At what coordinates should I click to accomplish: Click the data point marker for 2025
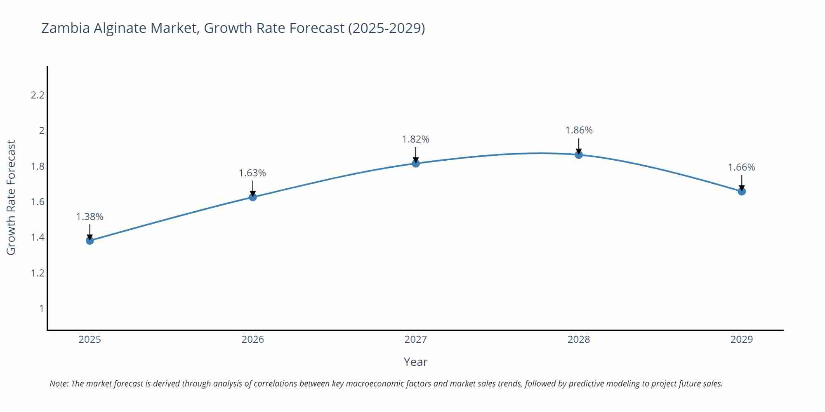[x=90, y=241]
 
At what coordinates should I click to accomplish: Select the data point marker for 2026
[x=253, y=197]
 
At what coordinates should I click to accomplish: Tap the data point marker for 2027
[x=416, y=164]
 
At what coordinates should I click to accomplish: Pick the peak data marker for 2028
[x=579, y=155]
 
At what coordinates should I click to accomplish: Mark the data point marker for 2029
[x=742, y=191]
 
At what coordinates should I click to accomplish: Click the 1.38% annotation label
[x=90, y=217]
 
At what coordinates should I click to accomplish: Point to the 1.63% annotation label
[x=252, y=173]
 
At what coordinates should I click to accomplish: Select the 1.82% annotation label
[x=416, y=139]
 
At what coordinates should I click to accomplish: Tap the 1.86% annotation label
[x=579, y=130]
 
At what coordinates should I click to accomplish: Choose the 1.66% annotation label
[x=741, y=167]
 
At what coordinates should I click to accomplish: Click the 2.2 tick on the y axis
[x=38, y=95]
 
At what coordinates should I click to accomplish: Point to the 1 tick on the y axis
[x=41, y=309]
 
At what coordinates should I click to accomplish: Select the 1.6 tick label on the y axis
[x=38, y=202]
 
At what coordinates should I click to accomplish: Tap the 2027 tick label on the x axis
[x=416, y=339]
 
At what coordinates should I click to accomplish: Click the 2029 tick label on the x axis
[x=742, y=339]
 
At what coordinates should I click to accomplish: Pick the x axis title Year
[x=415, y=362]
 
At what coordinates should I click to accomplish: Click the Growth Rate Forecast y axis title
[x=11, y=197]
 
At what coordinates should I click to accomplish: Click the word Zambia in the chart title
[x=66, y=28]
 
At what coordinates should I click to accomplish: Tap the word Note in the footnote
[x=59, y=384]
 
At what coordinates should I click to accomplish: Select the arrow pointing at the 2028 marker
[x=579, y=146]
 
